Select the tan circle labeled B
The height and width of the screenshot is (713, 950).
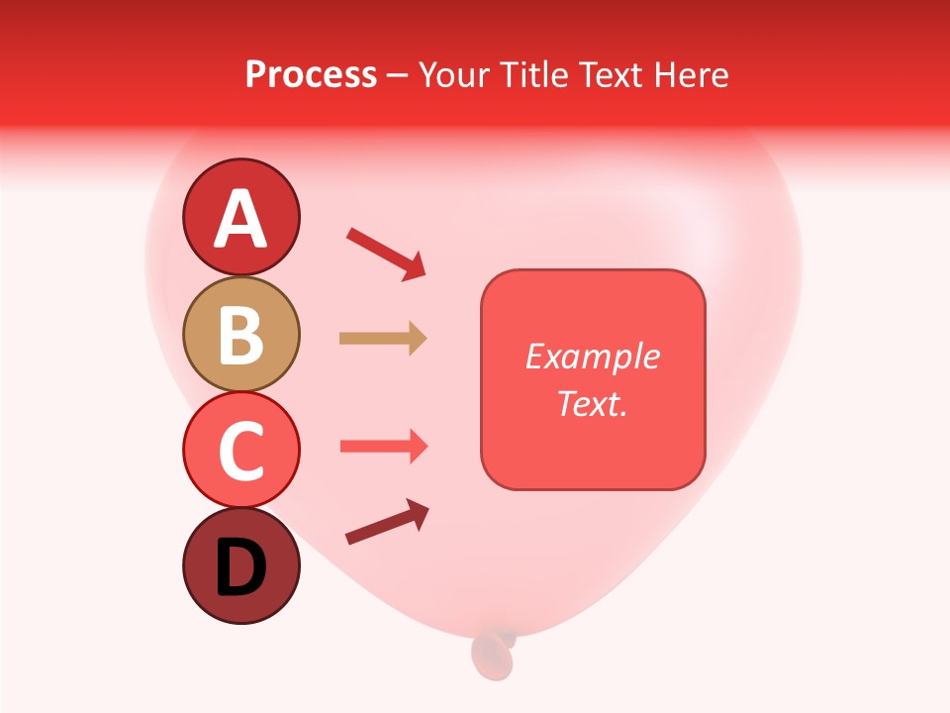pyautogui.click(x=240, y=334)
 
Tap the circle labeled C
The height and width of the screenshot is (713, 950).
pyautogui.click(x=240, y=450)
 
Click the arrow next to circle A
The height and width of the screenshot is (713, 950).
pyautogui.click(x=386, y=254)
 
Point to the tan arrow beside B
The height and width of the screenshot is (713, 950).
pyautogui.click(x=383, y=339)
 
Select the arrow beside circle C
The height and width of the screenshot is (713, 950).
pyautogui.click(x=384, y=447)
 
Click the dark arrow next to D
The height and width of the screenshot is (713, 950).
pyautogui.click(x=387, y=522)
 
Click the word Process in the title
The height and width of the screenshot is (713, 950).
pyautogui.click(x=311, y=74)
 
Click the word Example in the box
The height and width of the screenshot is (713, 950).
pyautogui.click(x=592, y=356)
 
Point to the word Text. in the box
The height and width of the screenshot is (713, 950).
pyautogui.click(x=592, y=403)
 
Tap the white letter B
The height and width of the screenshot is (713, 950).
pyautogui.click(x=240, y=335)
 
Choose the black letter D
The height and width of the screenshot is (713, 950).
pyautogui.click(x=240, y=568)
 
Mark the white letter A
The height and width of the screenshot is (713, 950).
pyautogui.click(x=240, y=219)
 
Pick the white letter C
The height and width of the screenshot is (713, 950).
pyautogui.click(x=240, y=451)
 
